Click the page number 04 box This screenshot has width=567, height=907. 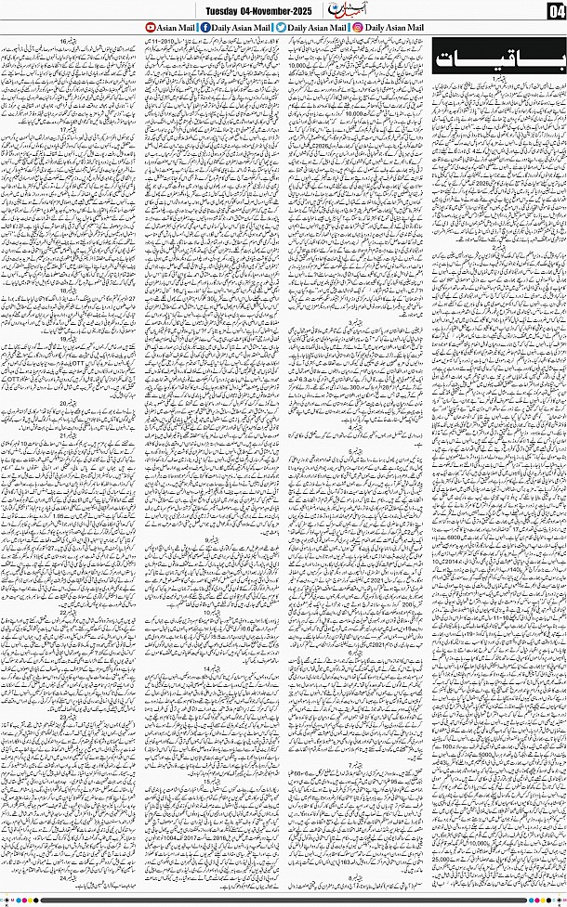(555, 11)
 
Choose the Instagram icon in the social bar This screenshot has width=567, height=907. (358, 28)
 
